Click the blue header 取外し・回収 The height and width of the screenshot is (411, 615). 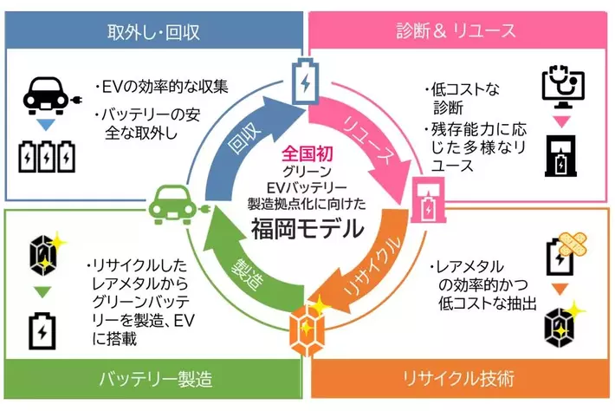point(153,31)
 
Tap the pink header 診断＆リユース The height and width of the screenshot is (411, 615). point(457,30)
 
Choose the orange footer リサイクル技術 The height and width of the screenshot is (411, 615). point(460,379)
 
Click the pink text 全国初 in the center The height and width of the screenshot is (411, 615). point(307,153)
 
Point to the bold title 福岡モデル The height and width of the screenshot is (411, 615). point(307,228)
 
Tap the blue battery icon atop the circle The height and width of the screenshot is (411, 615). point(305,81)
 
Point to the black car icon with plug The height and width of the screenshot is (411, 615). point(51,96)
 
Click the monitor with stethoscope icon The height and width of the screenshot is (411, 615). point(563,88)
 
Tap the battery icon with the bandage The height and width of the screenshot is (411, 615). point(565,253)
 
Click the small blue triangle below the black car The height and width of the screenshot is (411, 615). point(46,125)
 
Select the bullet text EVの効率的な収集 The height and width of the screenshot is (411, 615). point(162,87)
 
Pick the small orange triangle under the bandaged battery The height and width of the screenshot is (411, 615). point(560,289)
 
